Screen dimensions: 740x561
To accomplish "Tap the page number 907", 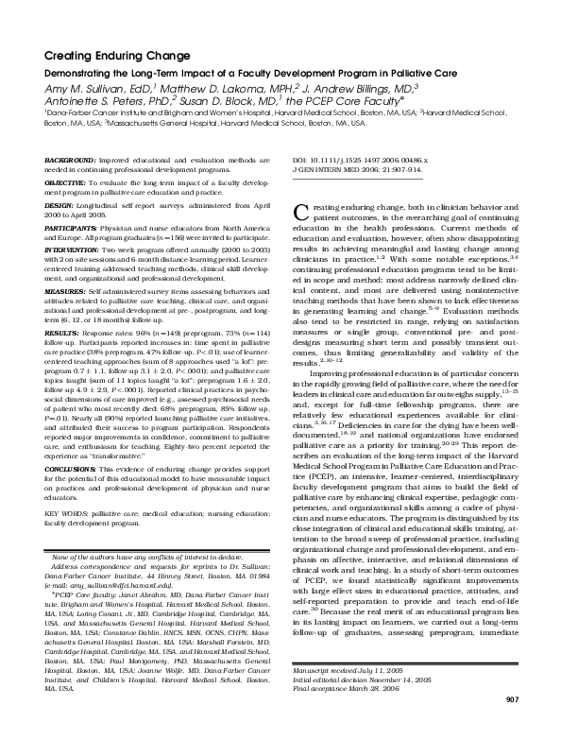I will tap(512, 724).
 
